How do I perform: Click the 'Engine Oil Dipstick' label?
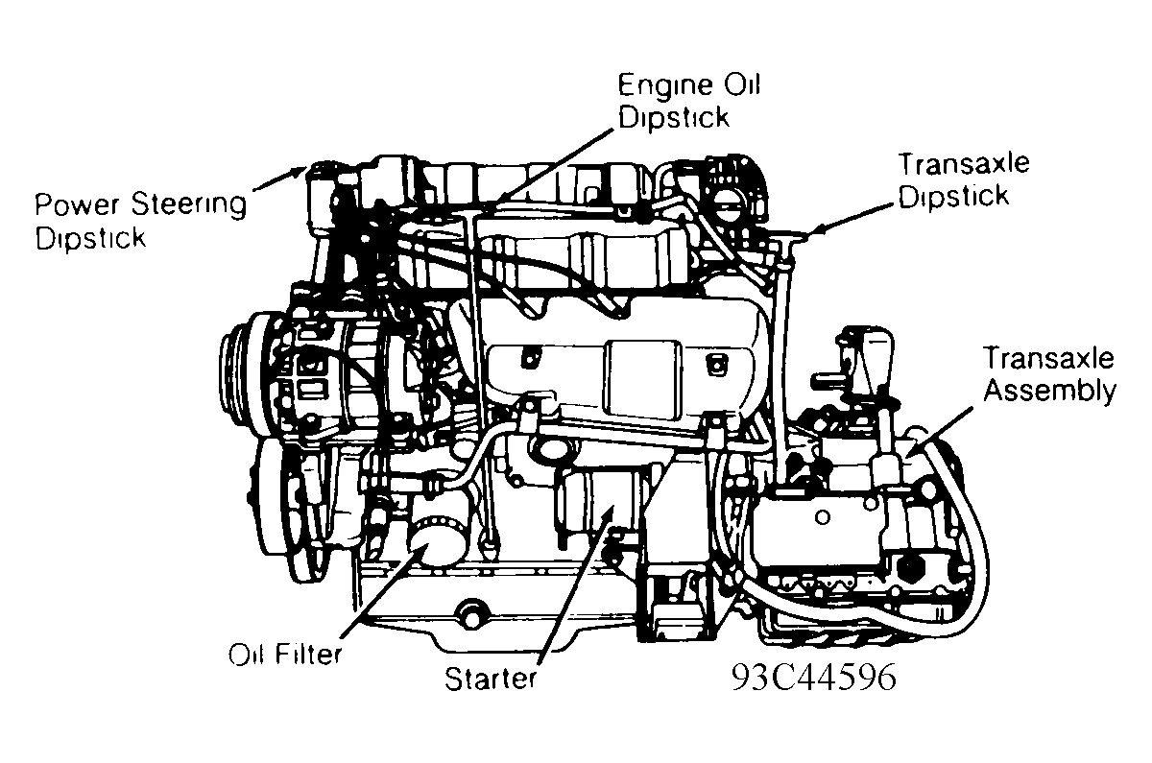[x=687, y=101]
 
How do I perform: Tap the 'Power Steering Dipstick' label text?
[x=140, y=220]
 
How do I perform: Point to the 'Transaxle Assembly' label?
[x=1048, y=374]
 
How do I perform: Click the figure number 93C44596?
[x=813, y=677]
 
